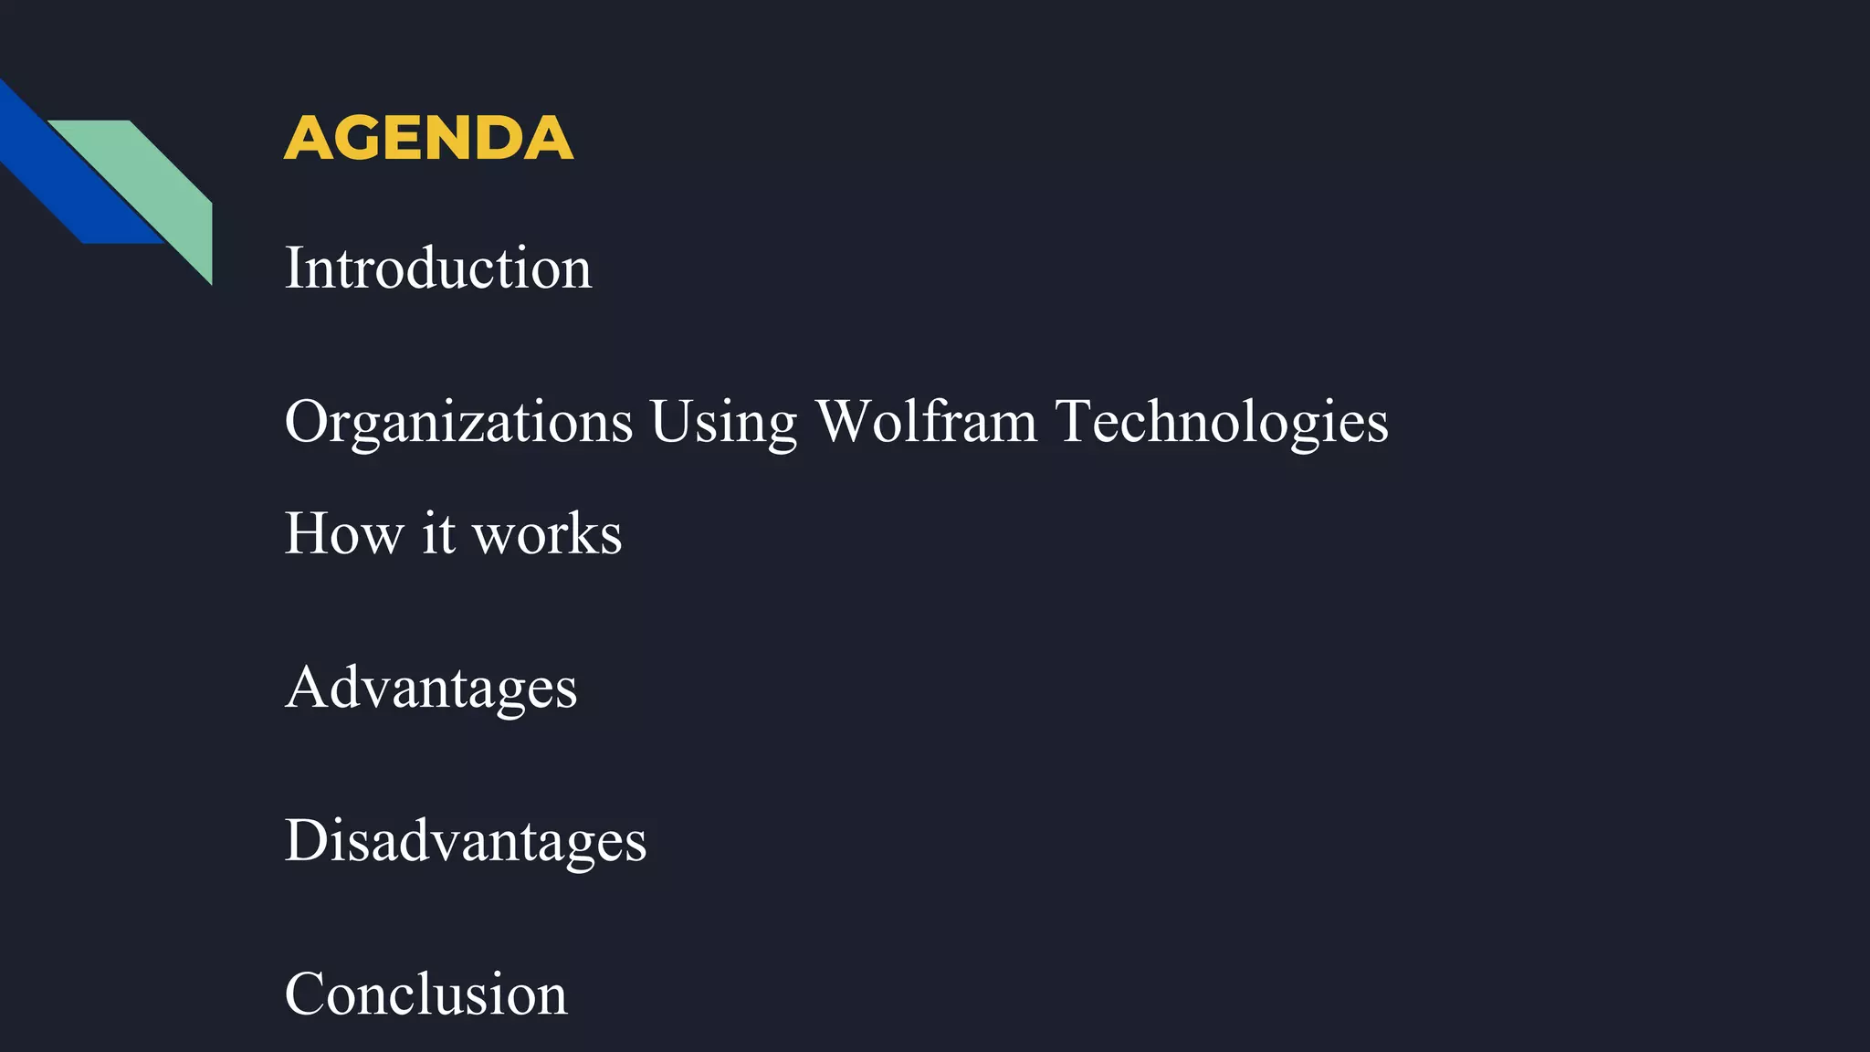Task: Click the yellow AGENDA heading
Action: click(x=428, y=138)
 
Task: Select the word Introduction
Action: click(x=438, y=268)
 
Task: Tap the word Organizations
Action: click(x=458, y=422)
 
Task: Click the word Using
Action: click(x=723, y=422)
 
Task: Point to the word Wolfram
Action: click(x=926, y=422)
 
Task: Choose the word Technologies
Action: click(x=1222, y=422)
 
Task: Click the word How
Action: click(x=343, y=533)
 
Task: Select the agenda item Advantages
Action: click(x=431, y=687)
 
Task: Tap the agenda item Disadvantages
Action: click(x=466, y=840)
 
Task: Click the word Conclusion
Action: click(x=425, y=994)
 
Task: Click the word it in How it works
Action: click(x=438, y=533)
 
